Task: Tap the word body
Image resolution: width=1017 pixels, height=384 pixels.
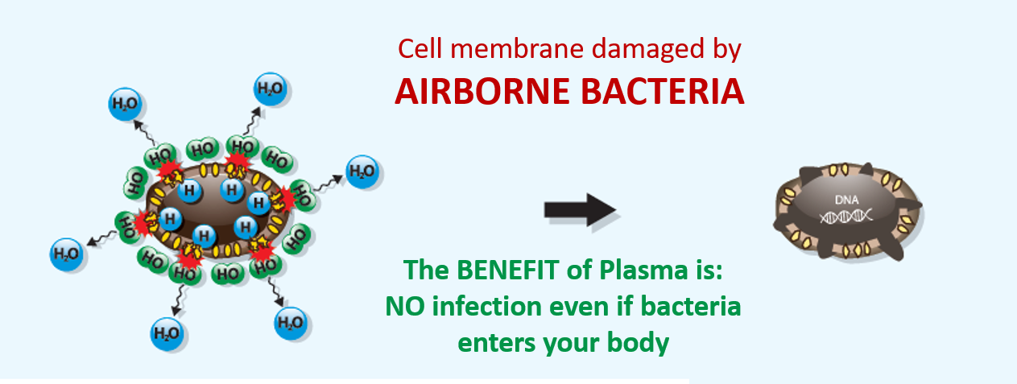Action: pos(640,343)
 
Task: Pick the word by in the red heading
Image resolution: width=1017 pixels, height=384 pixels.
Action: pos(724,51)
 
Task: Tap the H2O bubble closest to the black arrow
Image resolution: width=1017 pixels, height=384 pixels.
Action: pos(362,171)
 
